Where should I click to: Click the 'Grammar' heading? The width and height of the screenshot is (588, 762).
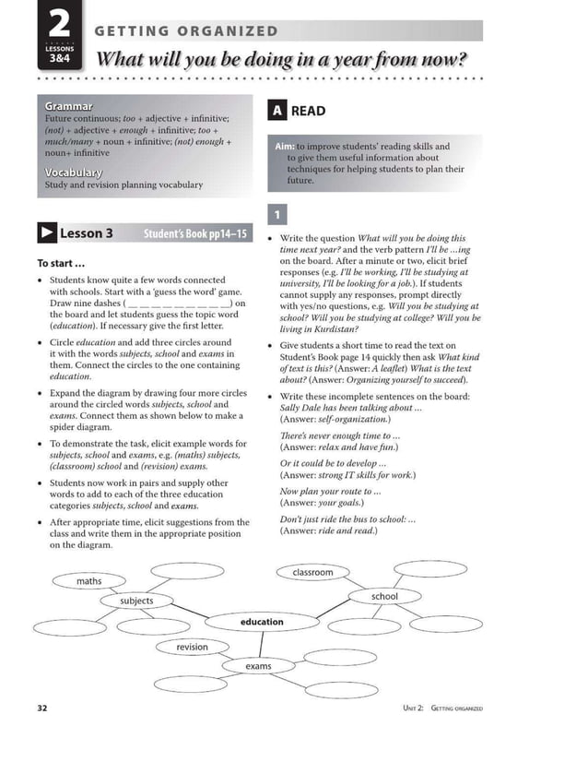(x=68, y=106)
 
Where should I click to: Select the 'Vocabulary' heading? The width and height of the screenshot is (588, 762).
(x=74, y=172)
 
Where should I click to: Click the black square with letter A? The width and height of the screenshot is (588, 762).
(x=276, y=111)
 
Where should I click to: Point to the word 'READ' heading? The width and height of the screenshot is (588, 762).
(x=308, y=111)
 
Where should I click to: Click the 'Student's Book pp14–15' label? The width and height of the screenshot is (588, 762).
(x=195, y=234)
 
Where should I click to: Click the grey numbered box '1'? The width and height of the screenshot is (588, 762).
(x=275, y=215)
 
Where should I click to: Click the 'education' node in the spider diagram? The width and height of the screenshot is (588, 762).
(x=262, y=622)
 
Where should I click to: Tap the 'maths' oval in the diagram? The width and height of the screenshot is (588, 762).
(x=89, y=581)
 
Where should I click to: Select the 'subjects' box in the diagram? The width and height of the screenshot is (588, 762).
(x=136, y=601)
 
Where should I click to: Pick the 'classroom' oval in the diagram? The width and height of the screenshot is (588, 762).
(x=312, y=572)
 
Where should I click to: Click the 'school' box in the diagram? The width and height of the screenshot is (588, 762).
(x=384, y=597)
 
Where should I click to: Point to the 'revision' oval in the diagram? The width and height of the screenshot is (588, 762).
(x=193, y=647)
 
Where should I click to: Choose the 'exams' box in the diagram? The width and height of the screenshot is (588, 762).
(x=259, y=665)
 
